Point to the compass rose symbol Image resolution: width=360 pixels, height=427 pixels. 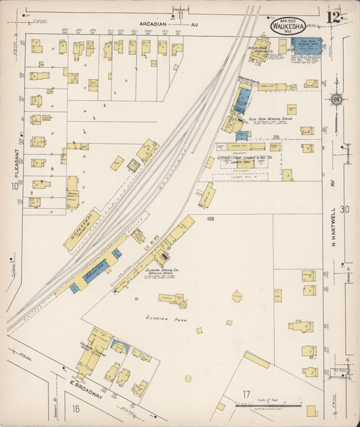(336, 100)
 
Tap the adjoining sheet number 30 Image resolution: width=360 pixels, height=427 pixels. (346, 210)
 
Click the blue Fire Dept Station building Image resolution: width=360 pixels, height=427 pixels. (306, 47)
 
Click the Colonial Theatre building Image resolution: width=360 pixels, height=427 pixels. (91, 351)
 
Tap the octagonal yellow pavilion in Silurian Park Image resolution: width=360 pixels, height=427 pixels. (237, 296)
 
